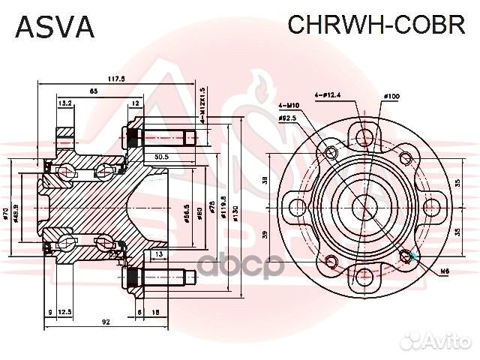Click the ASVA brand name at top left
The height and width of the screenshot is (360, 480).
tap(54, 26)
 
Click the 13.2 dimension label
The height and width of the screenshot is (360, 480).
tap(65, 103)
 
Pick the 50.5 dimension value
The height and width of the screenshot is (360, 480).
tap(160, 157)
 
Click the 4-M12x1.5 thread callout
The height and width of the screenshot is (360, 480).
tap(202, 102)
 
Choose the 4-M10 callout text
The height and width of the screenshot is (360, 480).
tap(287, 106)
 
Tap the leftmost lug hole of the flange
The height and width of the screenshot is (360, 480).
tap(293, 205)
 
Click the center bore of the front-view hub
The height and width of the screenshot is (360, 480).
tap(364, 205)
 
